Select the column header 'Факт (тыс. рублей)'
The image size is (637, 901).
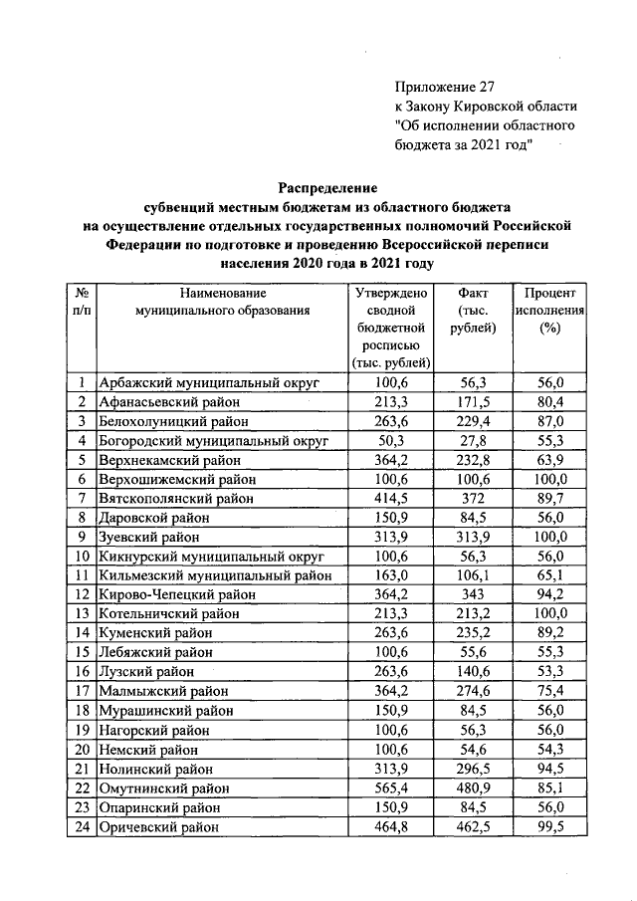[474, 312]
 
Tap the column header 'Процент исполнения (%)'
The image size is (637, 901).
[548, 312]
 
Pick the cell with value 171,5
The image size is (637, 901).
[474, 402]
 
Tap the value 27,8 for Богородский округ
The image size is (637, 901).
[474, 440]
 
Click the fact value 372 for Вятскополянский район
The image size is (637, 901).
[474, 497]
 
